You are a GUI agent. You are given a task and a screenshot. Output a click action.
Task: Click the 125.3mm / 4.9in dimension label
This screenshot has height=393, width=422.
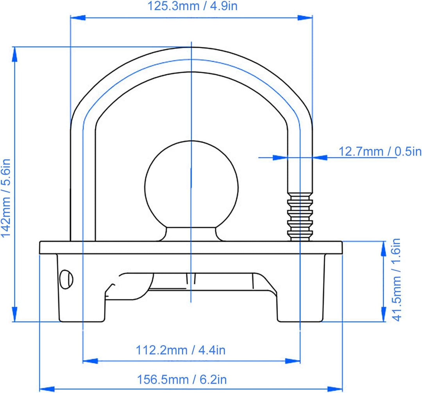pos(192,6)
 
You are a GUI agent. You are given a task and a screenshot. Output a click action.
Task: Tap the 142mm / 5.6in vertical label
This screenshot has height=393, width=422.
pos(5,198)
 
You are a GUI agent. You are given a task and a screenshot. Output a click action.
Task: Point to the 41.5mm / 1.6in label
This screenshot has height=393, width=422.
pos(397,280)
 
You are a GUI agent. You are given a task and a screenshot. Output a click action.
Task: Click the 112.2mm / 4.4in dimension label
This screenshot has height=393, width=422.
pos(181,350)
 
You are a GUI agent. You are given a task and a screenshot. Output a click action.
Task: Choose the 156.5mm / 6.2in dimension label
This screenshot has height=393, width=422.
pos(182,380)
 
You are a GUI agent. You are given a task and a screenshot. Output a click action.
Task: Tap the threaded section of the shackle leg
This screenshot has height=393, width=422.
pos(300,217)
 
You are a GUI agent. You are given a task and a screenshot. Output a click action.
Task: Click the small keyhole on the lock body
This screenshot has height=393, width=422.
pos(66,279)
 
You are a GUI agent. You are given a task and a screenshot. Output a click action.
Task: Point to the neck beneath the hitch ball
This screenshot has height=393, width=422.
pos(191,234)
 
